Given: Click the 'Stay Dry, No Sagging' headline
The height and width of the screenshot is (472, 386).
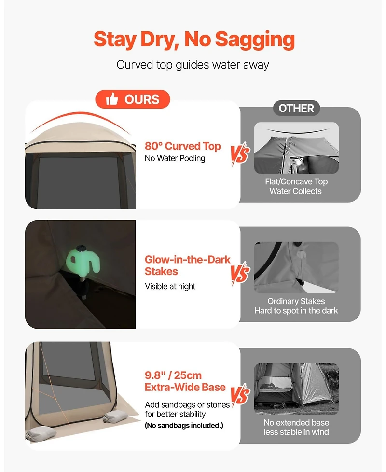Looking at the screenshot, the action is [194, 40].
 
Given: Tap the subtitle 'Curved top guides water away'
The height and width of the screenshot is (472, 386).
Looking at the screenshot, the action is [193, 65].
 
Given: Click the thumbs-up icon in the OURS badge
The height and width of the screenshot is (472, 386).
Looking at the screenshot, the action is [111, 99].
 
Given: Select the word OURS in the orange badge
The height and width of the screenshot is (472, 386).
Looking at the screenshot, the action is [142, 99].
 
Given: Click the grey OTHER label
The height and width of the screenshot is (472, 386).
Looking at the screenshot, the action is [296, 108].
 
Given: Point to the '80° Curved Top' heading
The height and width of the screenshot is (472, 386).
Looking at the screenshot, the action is [182, 146].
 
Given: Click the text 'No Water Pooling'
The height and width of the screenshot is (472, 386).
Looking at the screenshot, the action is [175, 158].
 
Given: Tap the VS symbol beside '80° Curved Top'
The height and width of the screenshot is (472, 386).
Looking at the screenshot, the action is [240, 153].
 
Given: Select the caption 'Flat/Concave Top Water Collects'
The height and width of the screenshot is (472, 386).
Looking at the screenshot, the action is [296, 186].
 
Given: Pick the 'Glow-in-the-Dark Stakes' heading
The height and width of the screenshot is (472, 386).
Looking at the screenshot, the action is [187, 265].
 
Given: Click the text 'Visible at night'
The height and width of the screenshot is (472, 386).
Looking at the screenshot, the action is [170, 286].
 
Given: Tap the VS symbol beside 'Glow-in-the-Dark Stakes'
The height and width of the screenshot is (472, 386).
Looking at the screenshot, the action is [240, 273].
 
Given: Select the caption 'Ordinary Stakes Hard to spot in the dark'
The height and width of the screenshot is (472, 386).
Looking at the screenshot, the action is [296, 306].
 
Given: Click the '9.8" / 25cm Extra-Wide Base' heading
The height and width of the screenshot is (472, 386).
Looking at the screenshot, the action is [185, 381].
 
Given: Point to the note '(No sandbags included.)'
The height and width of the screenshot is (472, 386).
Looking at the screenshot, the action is [184, 425].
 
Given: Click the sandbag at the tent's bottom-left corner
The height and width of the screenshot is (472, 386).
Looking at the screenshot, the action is [41, 434].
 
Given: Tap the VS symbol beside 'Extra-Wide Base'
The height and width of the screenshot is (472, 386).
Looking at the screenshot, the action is [240, 394].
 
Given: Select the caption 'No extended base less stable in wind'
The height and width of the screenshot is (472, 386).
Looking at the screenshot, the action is [296, 427].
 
